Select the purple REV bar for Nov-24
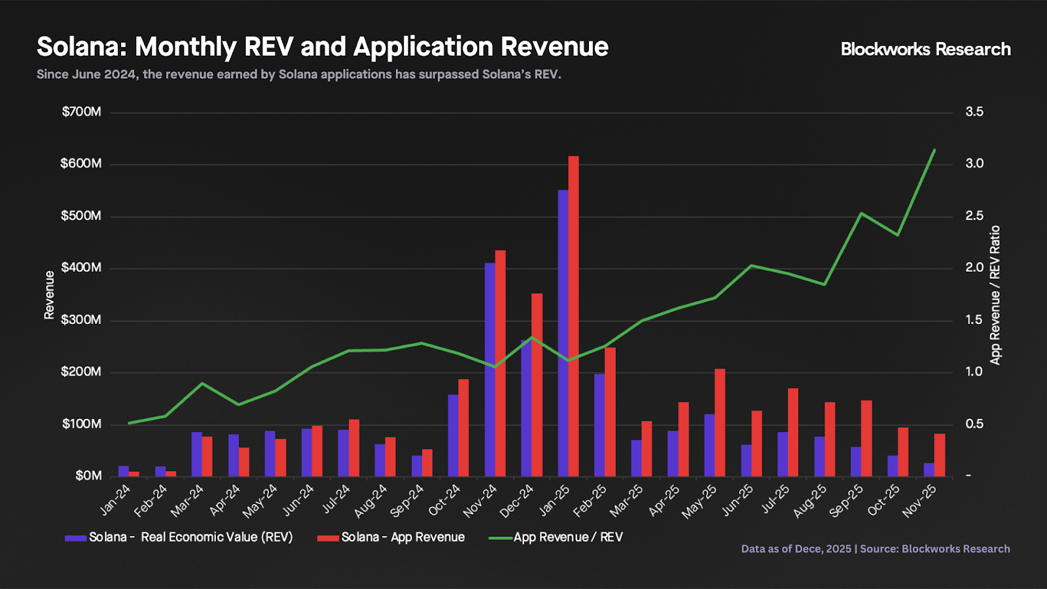pyautogui.click(x=490, y=369)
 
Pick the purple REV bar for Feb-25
pyautogui.click(x=599, y=425)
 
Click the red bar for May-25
pyautogui.click(x=720, y=422)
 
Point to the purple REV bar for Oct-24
pyautogui.click(x=453, y=435)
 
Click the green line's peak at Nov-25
pyautogui.click(x=934, y=150)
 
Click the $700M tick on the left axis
pyautogui.click(x=82, y=112)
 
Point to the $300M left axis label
pyautogui.click(x=82, y=320)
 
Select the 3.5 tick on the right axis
pyautogui.click(x=974, y=112)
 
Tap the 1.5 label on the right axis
pyautogui.click(x=974, y=320)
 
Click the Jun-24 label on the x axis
pyautogui.click(x=298, y=501)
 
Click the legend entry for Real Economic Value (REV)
pyautogui.click(x=190, y=537)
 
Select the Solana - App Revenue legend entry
pyautogui.click(x=402, y=537)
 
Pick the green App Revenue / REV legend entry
pyautogui.click(x=567, y=537)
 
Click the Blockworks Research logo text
pyautogui.click(x=925, y=50)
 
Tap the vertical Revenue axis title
pyautogui.click(x=49, y=295)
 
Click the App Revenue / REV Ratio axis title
pyautogui.click(x=995, y=295)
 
